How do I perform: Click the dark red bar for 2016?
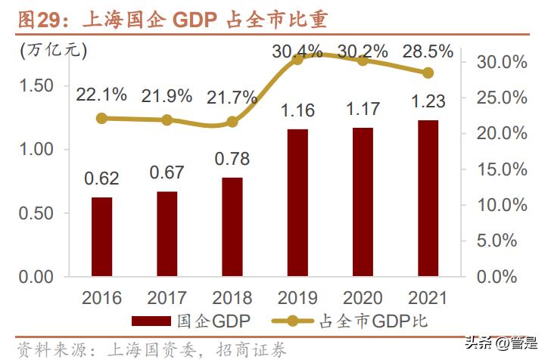click(x=101, y=237)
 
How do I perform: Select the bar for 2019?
click(x=297, y=202)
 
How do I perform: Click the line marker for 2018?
click(x=232, y=122)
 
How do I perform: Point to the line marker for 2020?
click(x=363, y=60)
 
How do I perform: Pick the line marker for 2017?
click(x=167, y=119)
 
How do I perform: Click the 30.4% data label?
click(x=297, y=51)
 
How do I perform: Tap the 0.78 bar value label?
click(x=232, y=160)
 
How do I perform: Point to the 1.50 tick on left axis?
click(x=36, y=85)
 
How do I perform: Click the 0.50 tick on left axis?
click(x=36, y=213)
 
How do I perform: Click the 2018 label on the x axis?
click(x=232, y=297)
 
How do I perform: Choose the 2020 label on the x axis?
click(x=363, y=297)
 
